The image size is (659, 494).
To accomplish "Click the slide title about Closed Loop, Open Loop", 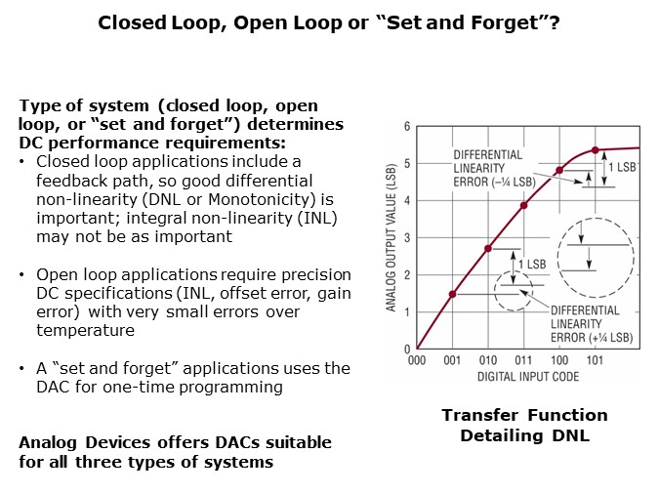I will [329, 21].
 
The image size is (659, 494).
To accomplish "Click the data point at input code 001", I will [452, 294].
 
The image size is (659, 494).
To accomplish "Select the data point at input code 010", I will [488, 248].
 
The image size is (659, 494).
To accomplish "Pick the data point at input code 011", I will [523, 205].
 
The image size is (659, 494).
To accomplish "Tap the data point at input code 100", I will [559, 170].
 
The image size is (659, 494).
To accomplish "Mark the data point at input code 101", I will [596, 149].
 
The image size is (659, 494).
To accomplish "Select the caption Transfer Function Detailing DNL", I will [524, 425].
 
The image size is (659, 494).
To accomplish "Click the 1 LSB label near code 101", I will [624, 167].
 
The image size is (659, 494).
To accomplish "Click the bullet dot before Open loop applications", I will [23, 274].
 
